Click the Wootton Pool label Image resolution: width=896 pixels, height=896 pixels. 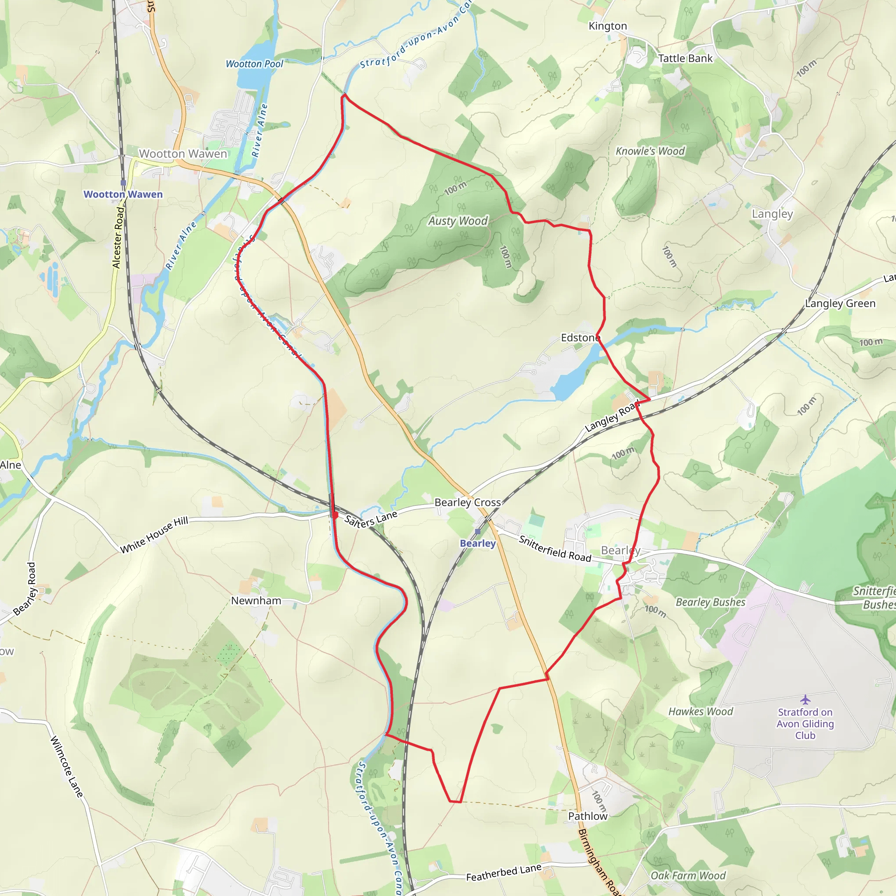[x=254, y=64]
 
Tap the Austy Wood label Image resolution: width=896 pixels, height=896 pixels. [x=458, y=221]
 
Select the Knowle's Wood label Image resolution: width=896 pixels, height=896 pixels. [x=650, y=151]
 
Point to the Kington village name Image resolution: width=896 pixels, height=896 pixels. [x=608, y=26]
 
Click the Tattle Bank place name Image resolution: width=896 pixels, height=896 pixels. [x=685, y=59]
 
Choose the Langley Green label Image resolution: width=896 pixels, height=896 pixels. [x=840, y=303]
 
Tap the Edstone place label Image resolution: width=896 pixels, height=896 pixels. [x=580, y=338]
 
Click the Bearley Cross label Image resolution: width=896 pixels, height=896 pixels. [x=468, y=502]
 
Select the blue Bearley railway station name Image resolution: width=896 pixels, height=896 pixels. [x=478, y=543]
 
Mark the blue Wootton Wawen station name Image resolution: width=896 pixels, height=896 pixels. [x=123, y=194]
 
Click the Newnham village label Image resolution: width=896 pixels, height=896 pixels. [x=256, y=601]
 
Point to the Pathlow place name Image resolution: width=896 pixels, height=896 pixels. [x=588, y=816]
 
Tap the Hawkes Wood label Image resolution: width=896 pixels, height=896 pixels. [x=700, y=711]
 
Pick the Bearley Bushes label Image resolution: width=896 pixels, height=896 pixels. [x=710, y=602]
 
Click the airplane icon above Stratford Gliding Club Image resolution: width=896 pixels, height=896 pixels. [x=805, y=700]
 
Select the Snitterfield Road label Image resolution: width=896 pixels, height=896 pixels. [x=555, y=548]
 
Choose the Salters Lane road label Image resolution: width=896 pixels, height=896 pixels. [x=371, y=519]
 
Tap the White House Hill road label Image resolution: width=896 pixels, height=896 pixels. [x=154, y=535]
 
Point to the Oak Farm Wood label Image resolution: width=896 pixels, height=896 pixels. [x=688, y=875]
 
